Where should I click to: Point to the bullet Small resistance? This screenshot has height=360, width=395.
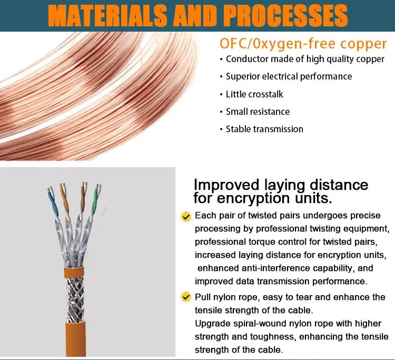(258, 111)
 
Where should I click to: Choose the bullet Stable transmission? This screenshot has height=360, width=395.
(264, 129)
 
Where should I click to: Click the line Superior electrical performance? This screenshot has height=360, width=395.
(289, 76)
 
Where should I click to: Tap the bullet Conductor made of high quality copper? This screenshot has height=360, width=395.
(305, 59)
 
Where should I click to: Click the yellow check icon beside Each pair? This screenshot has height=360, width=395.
(185, 217)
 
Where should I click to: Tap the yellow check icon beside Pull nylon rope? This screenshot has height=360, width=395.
(185, 297)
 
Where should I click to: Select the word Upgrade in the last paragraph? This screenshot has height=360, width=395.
(212, 323)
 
